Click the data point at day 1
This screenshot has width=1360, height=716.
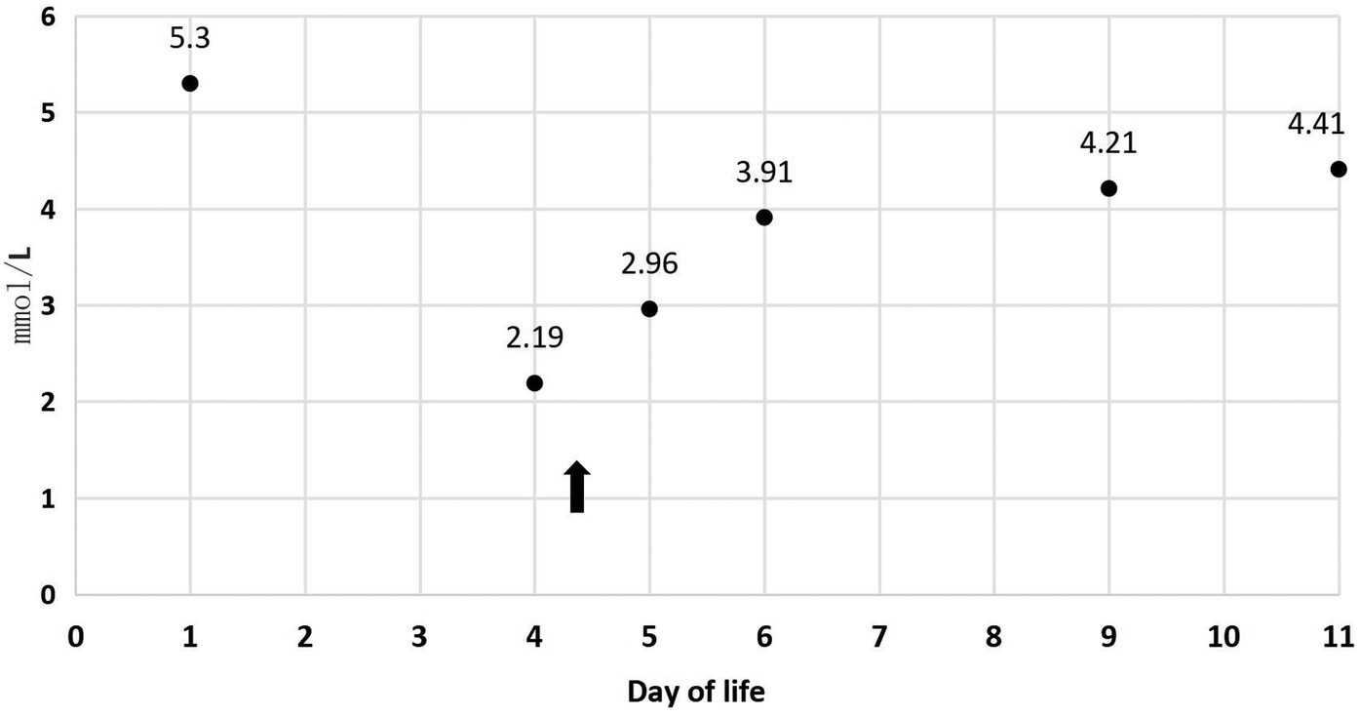[x=190, y=83]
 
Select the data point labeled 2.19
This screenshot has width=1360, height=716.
[x=534, y=382]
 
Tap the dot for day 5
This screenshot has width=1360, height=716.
[x=649, y=308]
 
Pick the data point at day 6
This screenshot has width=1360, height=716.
[x=764, y=217]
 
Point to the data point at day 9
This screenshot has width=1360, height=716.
[x=1108, y=187]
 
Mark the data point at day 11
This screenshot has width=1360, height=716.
[x=1339, y=169]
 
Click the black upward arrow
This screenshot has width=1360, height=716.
[x=576, y=486]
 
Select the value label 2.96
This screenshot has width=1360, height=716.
[x=649, y=263]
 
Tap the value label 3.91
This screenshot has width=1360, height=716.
[x=764, y=174]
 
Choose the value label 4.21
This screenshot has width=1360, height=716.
[x=1108, y=143]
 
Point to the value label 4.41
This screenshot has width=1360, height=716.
[x=1316, y=124]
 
